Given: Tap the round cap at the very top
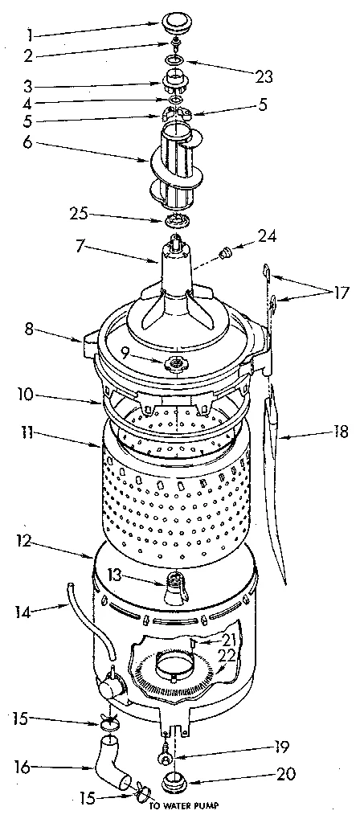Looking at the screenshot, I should pyautogui.click(x=174, y=22).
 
